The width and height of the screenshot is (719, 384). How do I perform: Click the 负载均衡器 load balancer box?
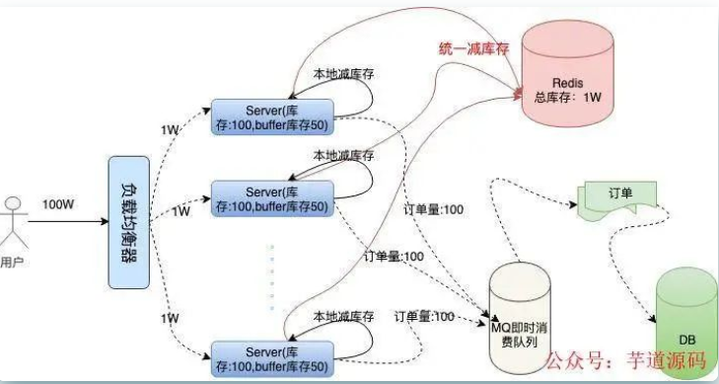click(128, 221)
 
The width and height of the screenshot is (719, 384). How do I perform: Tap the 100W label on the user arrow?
click(61, 204)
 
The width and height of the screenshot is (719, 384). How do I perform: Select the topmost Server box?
click(270, 115)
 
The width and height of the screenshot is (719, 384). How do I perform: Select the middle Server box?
click(270, 197)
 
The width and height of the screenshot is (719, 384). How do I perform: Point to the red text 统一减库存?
click(473, 48)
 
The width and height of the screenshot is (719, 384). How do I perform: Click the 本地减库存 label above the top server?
click(342, 74)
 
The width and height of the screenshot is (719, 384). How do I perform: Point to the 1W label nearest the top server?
click(169, 130)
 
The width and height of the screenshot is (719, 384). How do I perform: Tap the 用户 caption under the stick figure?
click(13, 264)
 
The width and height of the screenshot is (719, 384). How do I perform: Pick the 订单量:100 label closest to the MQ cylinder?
click(424, 316)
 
